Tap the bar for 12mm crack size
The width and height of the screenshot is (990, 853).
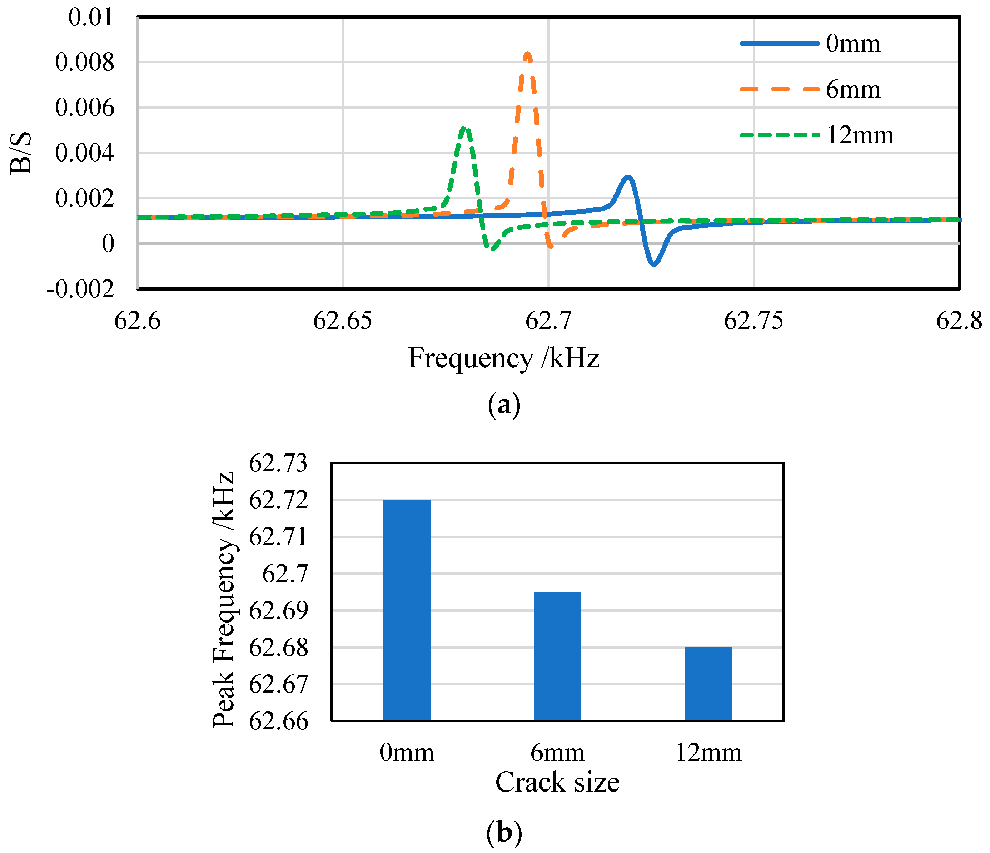[x=708, y=683]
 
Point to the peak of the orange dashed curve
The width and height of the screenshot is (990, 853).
[x=527, y=54]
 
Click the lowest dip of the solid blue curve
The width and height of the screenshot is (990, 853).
[x=654, y=263]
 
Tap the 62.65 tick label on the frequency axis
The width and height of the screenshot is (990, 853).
[x=342, y=320]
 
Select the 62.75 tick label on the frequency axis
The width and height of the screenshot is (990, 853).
[x=753, y=320]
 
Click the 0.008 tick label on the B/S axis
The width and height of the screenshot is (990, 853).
[x=85, y=62]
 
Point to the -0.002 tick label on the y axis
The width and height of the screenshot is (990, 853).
[x=80, y=289]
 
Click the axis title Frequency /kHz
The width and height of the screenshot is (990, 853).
[x=504, y=358]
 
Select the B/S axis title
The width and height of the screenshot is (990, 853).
[x=21, y=153]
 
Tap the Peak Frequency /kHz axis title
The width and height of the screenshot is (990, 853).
[x=224, y=600]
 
